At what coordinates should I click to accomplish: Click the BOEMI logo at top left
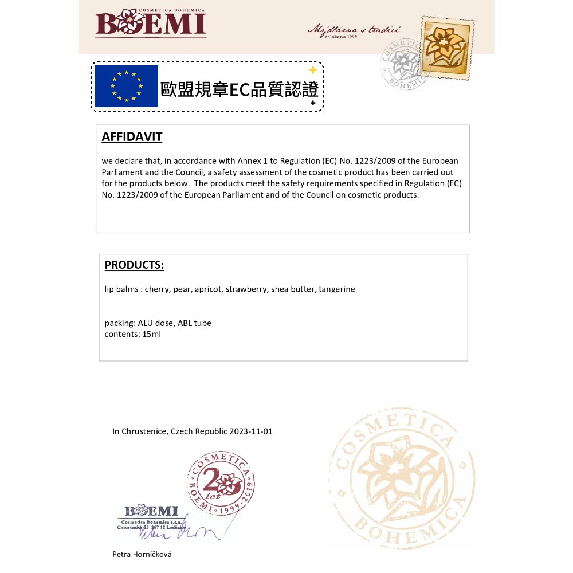click(151, 23)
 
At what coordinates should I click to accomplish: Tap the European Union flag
click(126, 87)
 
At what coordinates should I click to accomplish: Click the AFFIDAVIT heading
click(132, 137)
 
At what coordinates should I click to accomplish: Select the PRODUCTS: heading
click(134, 265)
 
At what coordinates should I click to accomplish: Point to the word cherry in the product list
click(156, 289)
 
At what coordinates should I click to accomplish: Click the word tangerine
click(337, 289)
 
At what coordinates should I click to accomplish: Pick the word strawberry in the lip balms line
click(246, 289)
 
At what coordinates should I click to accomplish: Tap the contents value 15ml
click(152, 334)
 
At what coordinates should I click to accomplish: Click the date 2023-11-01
click(251, 431)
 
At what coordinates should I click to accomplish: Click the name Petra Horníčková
click(142, 554)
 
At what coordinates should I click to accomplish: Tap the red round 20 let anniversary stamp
click(221, 483)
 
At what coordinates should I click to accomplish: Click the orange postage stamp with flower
click(448, 48)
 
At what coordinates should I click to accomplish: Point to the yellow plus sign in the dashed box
click(313, 70)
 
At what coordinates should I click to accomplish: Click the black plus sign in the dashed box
click(313, 103)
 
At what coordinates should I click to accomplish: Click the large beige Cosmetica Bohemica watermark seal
click(401, 478)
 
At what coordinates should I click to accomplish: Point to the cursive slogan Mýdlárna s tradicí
click(354, 29)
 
